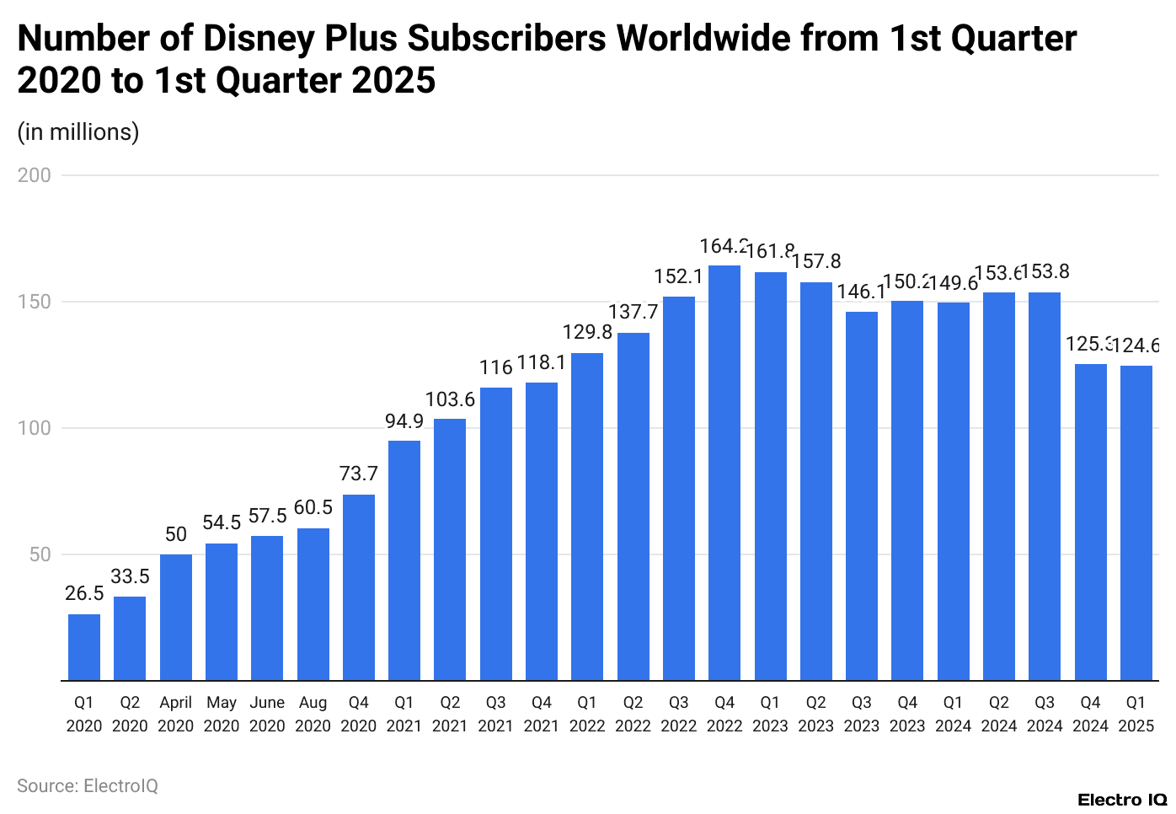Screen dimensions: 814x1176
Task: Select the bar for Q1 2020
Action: [84, 647]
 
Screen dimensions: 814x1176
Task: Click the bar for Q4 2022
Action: [724, 473]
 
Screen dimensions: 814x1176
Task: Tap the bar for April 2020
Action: [176, 617]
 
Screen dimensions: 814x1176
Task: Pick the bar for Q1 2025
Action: [1136, 522]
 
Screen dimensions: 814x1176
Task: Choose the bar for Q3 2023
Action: [862, 495]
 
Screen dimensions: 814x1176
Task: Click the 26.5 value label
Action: [84, 593]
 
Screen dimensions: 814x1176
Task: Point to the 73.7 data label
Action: [359, 474]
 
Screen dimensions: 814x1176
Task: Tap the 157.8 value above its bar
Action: [816, 261]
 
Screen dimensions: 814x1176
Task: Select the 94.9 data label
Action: [404, 420]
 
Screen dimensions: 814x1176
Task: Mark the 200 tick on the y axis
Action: [35, 175]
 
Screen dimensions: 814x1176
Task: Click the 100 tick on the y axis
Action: [35, 428]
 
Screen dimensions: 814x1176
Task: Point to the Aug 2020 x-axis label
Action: [313, 714]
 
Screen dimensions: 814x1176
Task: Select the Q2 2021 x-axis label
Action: [450, 714]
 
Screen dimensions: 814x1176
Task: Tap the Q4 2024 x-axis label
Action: [1090, 714]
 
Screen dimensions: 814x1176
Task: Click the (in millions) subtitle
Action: [78, 132]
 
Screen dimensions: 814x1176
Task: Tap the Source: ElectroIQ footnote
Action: [88, 785]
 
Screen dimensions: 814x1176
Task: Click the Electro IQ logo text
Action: [1121, 800]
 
